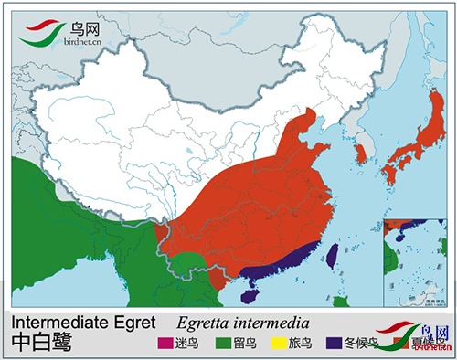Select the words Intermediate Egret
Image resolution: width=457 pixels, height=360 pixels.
click(80, 323)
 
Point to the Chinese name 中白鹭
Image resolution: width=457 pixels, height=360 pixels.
click(42, 343)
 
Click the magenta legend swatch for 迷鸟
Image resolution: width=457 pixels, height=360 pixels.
click(165, 344)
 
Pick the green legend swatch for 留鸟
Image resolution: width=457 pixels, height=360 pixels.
click(222, 344)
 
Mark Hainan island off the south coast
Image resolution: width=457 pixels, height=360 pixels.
click(252, 292)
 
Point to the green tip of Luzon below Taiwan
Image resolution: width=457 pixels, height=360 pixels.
click(341, 301)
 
